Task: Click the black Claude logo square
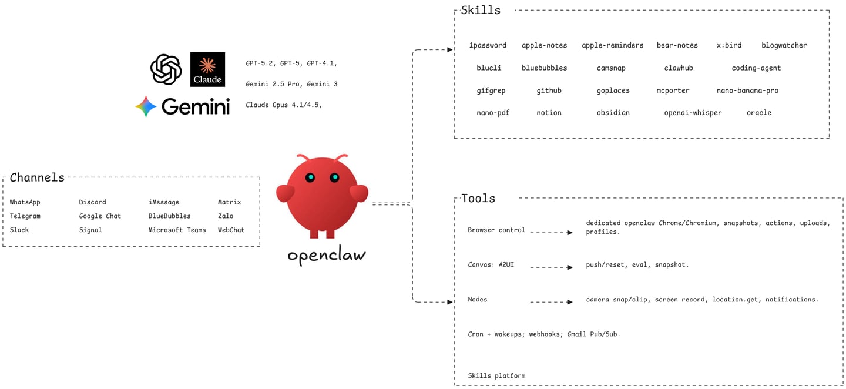coord(207,69)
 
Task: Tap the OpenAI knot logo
coord(166,69)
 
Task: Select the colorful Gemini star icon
coord(146,106)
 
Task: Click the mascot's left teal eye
coord(310,177)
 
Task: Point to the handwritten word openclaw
coord(327,255)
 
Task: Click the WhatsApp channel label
coord(25,202)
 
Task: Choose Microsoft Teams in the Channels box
coord(177,230)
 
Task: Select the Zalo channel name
coord(226,216)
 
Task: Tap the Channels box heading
coord(37,177)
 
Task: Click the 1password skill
coord(488,45)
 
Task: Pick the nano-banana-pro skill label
coord(747,90)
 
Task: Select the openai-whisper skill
coord(693,113)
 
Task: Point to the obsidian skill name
coord(613,113)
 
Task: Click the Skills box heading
coord(481,10)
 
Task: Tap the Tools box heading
coord(478,198)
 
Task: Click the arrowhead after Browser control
coord(569,233)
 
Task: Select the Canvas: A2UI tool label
coord(491,265)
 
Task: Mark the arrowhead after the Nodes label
coord(569,302)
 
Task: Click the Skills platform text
coord(496,376)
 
